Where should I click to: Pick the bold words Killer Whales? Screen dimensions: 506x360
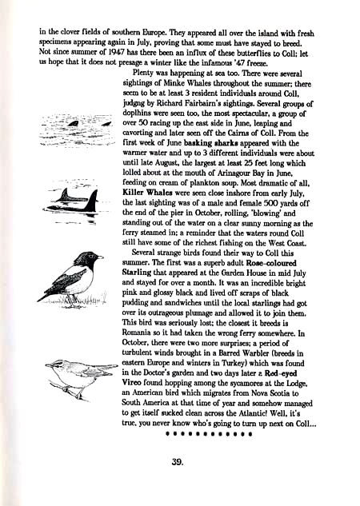(x=146, y=193)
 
